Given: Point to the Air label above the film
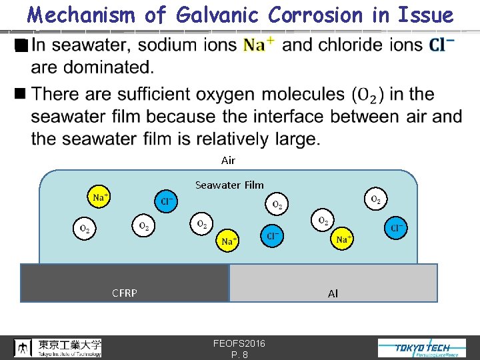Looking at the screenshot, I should (228, 160).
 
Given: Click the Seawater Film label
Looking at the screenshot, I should (229, 185).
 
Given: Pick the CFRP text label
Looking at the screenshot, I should (125, 293).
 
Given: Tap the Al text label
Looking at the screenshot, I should (333, 293).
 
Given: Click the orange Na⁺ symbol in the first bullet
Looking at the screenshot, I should (259, 45).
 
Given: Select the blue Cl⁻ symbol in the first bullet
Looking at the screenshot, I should (441, 45).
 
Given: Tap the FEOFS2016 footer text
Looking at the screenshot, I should (239, 343).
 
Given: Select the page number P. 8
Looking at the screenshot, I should (239, 355).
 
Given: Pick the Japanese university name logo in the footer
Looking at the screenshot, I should (59, 347).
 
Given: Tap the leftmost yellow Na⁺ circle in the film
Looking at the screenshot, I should (101, 197).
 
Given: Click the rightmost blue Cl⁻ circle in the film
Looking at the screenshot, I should (396, 228).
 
